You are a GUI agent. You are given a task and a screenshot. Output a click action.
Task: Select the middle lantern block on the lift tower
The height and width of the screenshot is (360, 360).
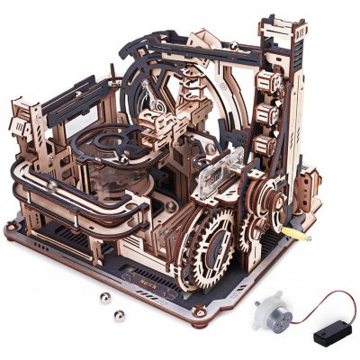point(264,113)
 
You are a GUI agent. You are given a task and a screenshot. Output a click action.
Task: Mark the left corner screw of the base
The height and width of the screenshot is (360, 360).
point(10,228)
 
